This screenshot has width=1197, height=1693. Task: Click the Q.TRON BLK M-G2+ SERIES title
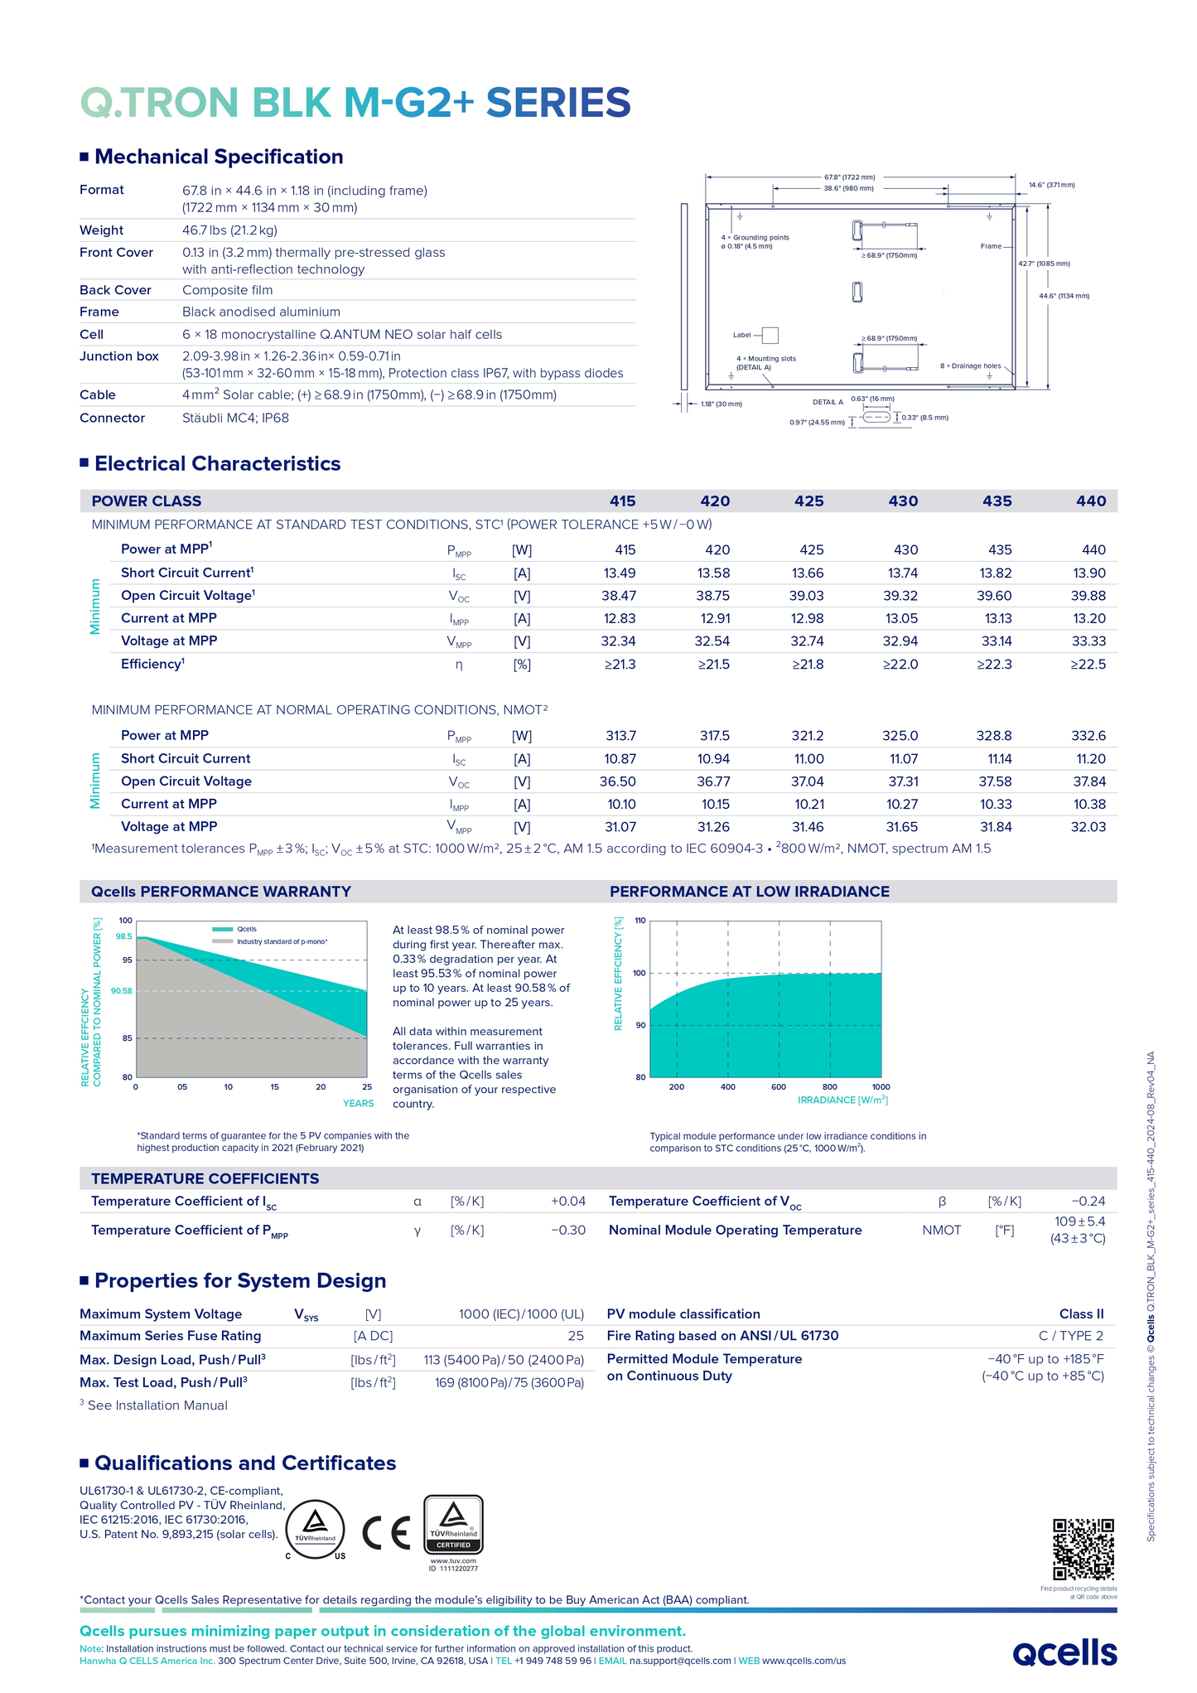(x=355, y=103)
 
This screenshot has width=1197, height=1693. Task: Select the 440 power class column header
(x=1090, y=501)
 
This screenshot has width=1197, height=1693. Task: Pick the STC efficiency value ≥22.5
(x=1088, y=664)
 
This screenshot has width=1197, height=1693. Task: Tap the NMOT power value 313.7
(x=620, y=736)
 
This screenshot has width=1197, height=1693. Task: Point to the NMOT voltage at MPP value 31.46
(x=807, y=827)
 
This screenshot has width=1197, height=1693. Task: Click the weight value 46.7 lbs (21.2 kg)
(x=229, y=230)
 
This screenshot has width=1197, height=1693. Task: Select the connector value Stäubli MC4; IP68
(x=235, y=418)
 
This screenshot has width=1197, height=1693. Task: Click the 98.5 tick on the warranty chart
(x=124, y=936)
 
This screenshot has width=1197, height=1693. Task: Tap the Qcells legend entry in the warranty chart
(x=246, y=929)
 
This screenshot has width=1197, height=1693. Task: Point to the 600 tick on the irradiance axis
(x=779, y=1086)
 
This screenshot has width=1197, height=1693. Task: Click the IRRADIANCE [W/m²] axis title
(x=842, y=1100)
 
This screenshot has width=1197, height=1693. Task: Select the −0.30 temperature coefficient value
(x=567, y=1231)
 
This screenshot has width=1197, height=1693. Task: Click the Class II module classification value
(x=1081, y=1314)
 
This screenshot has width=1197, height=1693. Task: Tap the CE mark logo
(x=386, y=1532)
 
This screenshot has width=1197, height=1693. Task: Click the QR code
(x=1083, y=1549)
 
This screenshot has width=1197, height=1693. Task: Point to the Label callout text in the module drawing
(x=741, y=336)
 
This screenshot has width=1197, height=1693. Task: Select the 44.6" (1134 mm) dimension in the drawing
(x=1064, y=296)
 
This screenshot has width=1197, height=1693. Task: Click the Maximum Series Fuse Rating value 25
(x=575, y=1336)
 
